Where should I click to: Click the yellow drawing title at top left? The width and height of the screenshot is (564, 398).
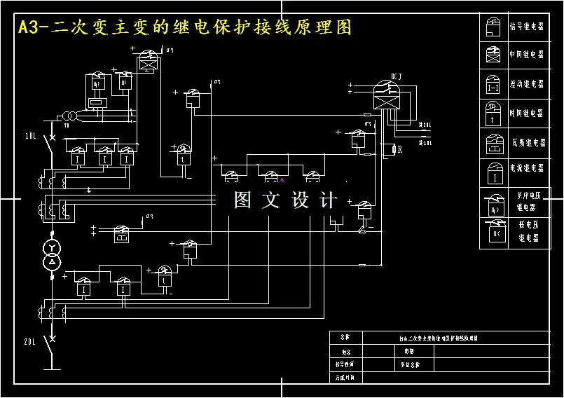coord(184,27)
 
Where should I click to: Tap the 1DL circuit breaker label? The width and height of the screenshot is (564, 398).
coord(32,135)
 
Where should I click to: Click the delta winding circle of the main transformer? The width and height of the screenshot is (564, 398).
coord(51,263)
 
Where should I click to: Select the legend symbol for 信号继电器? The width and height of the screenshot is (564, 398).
coord(493,27)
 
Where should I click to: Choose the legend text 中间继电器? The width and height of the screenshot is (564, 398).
coord(526,54)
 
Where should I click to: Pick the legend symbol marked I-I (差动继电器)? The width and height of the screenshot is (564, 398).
coord(493,84)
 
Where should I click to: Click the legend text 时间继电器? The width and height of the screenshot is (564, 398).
coord(526,113)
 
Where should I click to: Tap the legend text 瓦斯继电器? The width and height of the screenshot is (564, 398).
coord(526,142)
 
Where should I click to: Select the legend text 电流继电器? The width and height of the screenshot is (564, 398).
coord(526,168)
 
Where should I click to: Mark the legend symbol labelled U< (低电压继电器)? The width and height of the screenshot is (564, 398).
coord(493,230)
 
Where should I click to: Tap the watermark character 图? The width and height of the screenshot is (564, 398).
coord(242,200)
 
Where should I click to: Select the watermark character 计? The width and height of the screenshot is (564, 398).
coord(328,200)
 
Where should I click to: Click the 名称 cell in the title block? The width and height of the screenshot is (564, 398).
coord(343,337)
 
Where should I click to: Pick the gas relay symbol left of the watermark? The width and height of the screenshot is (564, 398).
coord(122,234)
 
